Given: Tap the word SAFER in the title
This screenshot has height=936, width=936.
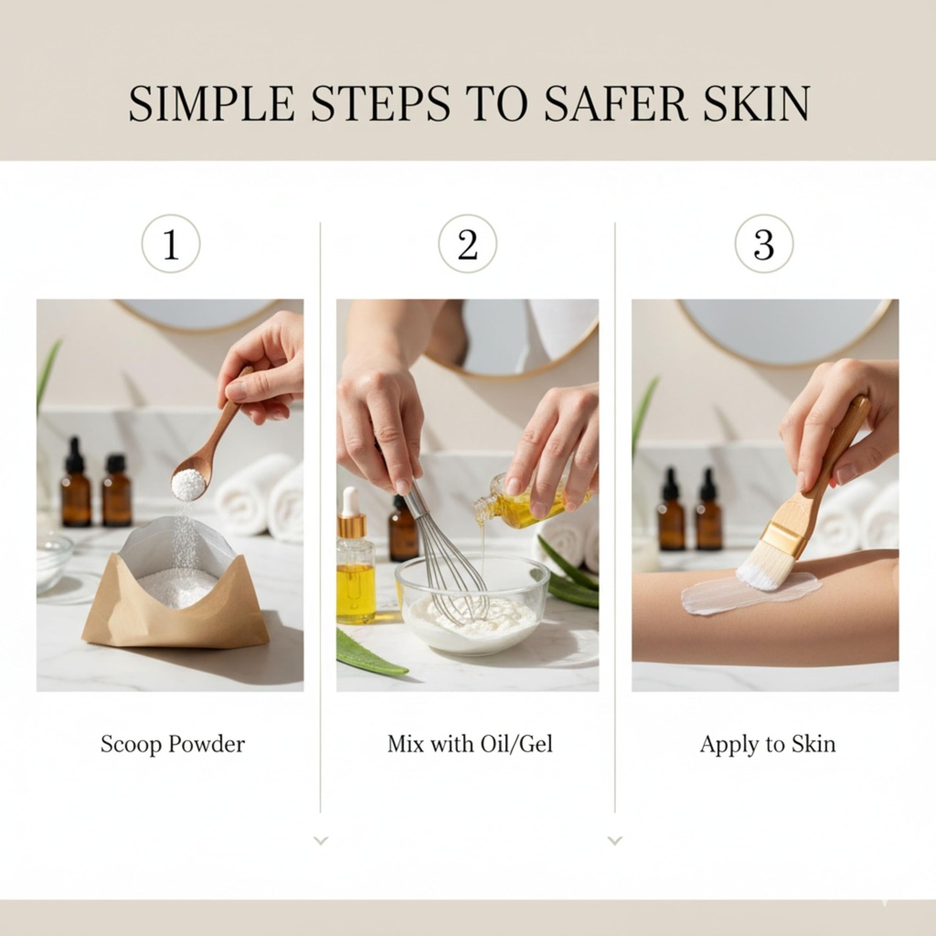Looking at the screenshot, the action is (x=610, y=104).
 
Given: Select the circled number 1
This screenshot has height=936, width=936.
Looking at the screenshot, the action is (x=171, y=243).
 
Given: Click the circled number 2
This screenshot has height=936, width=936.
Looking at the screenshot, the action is (x=467, y=243).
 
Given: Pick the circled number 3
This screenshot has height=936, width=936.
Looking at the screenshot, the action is (x=764, y=243).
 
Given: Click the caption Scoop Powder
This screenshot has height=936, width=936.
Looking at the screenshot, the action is (x=173, y=744).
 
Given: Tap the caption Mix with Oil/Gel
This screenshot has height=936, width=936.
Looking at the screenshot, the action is (x=470, y=744).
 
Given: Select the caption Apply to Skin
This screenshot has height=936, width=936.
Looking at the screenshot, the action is (x=768, y=744).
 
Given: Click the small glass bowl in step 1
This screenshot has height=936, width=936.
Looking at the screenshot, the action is (x=54, y=564).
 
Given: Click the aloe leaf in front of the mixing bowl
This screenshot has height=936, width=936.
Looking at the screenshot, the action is (x=370, y=654).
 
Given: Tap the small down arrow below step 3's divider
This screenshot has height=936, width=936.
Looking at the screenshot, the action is (x=615, y=841).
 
